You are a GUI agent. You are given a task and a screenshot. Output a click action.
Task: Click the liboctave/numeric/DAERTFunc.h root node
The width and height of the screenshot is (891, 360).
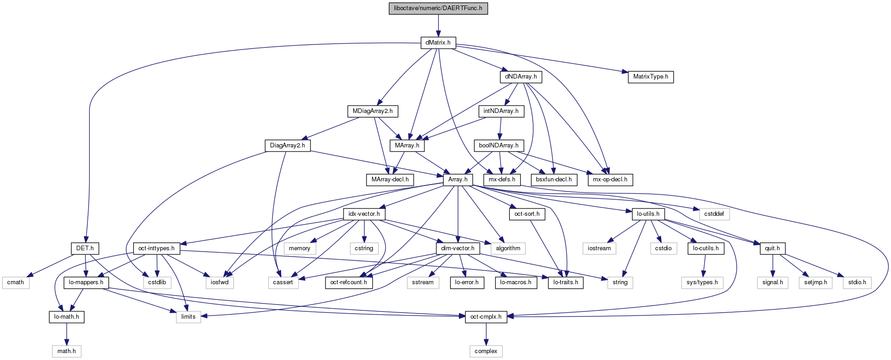point(438,8)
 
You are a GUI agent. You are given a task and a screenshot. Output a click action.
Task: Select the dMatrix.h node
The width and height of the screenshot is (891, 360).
point(438,43)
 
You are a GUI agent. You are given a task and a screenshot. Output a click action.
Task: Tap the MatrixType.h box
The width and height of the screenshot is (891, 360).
point(650,77)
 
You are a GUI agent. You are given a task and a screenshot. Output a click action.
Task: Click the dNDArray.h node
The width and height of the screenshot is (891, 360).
point(520,77)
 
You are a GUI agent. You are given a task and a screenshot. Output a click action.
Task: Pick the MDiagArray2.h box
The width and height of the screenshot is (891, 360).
point(372,111)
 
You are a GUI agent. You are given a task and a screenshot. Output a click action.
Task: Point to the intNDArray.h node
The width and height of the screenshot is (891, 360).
point(501,111)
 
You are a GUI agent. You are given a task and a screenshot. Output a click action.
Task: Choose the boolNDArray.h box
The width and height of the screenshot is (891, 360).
point(498,146)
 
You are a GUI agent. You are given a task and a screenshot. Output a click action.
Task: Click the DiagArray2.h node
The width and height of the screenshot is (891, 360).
point(288,146)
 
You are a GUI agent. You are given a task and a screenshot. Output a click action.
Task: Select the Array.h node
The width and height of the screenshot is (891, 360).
point(457,180)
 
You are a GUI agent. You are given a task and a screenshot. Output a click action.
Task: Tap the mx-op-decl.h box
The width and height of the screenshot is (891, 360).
point(610,180)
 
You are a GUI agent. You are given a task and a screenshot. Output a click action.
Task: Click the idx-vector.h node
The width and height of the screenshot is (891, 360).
point(364,214)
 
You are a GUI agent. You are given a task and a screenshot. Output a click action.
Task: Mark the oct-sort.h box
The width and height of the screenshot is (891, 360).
point(527,214)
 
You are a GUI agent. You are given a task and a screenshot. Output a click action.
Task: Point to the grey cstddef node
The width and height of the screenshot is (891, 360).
point(714,214)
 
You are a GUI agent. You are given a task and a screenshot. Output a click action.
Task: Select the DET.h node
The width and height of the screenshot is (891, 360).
point(85,248)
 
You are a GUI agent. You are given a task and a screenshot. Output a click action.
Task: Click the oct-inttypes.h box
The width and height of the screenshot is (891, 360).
point(156,248)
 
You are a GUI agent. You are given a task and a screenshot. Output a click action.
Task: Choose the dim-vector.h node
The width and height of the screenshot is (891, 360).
point(457,248)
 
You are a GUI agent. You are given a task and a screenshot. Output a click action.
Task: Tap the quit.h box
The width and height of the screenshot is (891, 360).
point(773,248)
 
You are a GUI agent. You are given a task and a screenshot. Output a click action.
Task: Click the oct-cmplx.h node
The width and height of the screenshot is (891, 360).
point(486,317)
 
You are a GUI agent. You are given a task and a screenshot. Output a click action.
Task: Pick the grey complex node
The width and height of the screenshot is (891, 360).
point(486,351)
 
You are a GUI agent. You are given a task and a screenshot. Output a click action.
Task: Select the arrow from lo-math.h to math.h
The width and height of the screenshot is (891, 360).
point(67,334)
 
